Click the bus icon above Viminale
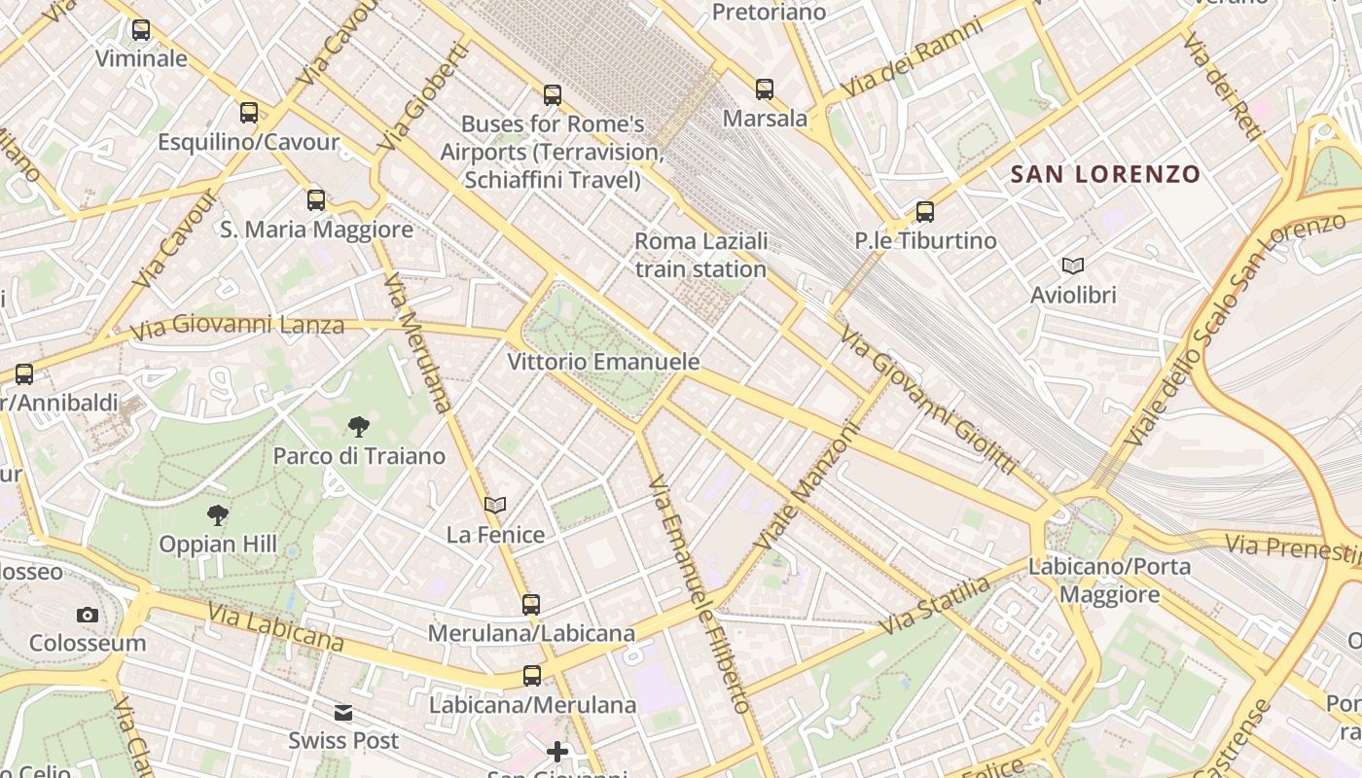click(x=141, y=30)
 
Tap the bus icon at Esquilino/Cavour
click(x=249, y=113)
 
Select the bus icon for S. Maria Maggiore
click(x=316, y=200)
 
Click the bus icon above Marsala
click(x=765, y=89)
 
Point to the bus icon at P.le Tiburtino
click(x=925, y=211)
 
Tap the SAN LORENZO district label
click(x=1105, y=174)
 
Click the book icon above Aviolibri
click(x=1073, y=265)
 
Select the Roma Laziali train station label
click(x=701, y=255)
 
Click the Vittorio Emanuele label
click(x=603, y=362)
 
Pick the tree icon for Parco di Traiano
click(x=358, y=426)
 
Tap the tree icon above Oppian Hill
click(x=218, y=515)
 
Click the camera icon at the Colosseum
click(x=88, y=615)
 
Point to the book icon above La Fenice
click(x=495, y=506)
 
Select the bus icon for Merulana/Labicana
click(x=531, y=604)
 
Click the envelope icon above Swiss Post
click(x=343, y=713)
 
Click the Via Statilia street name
click(x=935, y=605)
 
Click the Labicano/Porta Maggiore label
click(x=1109, y=581)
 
